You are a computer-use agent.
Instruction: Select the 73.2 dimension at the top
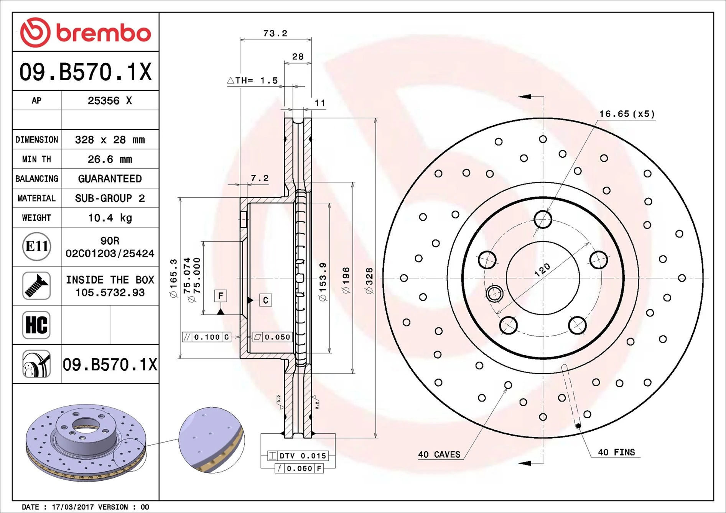tap(275, 33)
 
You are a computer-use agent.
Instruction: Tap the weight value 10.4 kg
tap(110, 218)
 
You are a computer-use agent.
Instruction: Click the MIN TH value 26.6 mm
tap(110, 159)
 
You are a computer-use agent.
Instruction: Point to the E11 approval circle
tap(36, 246)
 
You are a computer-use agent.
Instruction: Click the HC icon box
tap(36, 325)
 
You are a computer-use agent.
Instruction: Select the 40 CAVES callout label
tap(439, 454)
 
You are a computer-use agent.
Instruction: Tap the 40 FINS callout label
tap(616, 452)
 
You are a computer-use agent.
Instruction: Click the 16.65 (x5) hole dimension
tap(627, 114)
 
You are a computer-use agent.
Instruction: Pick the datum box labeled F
tap(221, 296)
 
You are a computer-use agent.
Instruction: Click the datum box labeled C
tap(265, 300)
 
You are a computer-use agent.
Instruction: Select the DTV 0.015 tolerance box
tap(298, 456)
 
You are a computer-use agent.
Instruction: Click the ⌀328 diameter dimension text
tap(369, 281)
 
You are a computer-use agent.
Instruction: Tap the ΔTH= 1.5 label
tap(252, 80)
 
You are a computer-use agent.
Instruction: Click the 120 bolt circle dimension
tap(542, 269)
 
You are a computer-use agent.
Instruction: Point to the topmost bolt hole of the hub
tap(543, 220)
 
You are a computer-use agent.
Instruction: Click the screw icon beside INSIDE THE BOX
tap(36, 286)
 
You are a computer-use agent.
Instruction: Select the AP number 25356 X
tap(110, 100)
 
